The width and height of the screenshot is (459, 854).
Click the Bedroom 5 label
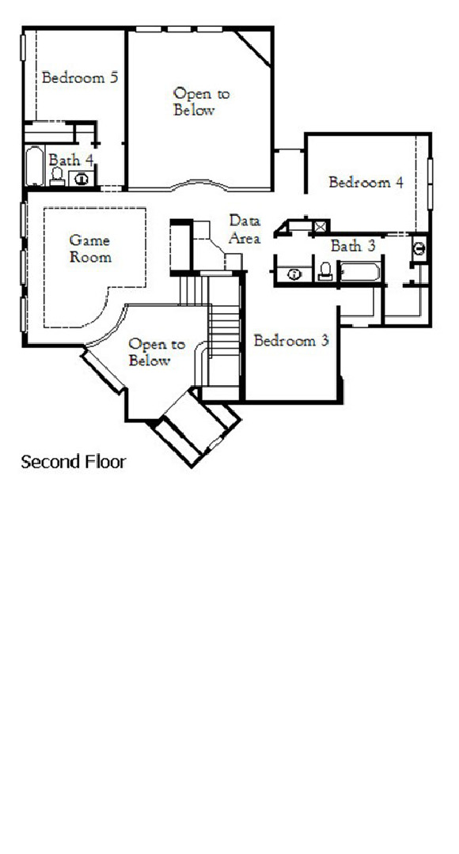click(80, 77)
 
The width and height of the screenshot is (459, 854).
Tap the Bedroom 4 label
click(366, 183)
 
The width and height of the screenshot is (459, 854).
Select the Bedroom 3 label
click(290, 342)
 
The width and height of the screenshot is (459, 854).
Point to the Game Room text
click(90, 248)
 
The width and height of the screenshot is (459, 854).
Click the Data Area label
click(245, 229)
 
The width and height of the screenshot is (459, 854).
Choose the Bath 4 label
click(71, 160)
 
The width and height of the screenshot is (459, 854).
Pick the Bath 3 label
click(352, 246)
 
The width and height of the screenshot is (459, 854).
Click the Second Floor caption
click(73, 462)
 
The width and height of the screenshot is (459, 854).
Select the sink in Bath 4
click(82, 179)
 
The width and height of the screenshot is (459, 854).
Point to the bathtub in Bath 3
click(360, 274)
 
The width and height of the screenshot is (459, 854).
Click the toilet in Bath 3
click(324, 272)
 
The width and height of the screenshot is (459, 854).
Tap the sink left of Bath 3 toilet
click(294, 274)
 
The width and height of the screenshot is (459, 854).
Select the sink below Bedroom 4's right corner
click(419, 248)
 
